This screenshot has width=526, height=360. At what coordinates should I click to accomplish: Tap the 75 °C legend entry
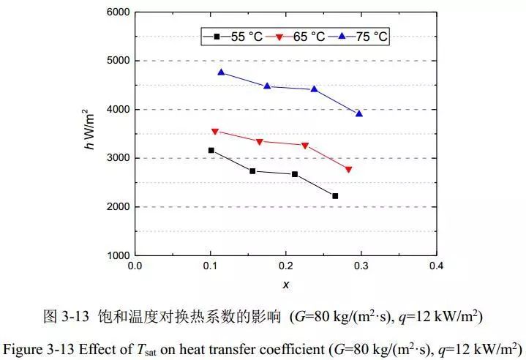(363, 35)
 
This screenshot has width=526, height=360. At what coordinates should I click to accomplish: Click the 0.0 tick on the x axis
(135, 265)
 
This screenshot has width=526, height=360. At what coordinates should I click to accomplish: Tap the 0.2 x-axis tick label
(285, 265)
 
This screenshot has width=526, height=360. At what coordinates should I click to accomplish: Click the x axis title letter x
(286, 284)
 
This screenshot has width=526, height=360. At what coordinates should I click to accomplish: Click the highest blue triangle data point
(221, 72)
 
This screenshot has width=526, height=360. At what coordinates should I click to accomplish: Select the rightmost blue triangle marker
(359, 113)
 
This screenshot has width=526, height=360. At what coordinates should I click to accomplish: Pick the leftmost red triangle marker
(214, 132)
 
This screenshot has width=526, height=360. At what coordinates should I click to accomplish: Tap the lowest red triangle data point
(349, 170)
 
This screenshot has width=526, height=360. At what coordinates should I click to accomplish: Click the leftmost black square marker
(211, 150)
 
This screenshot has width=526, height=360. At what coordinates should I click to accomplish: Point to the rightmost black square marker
(335, 196)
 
